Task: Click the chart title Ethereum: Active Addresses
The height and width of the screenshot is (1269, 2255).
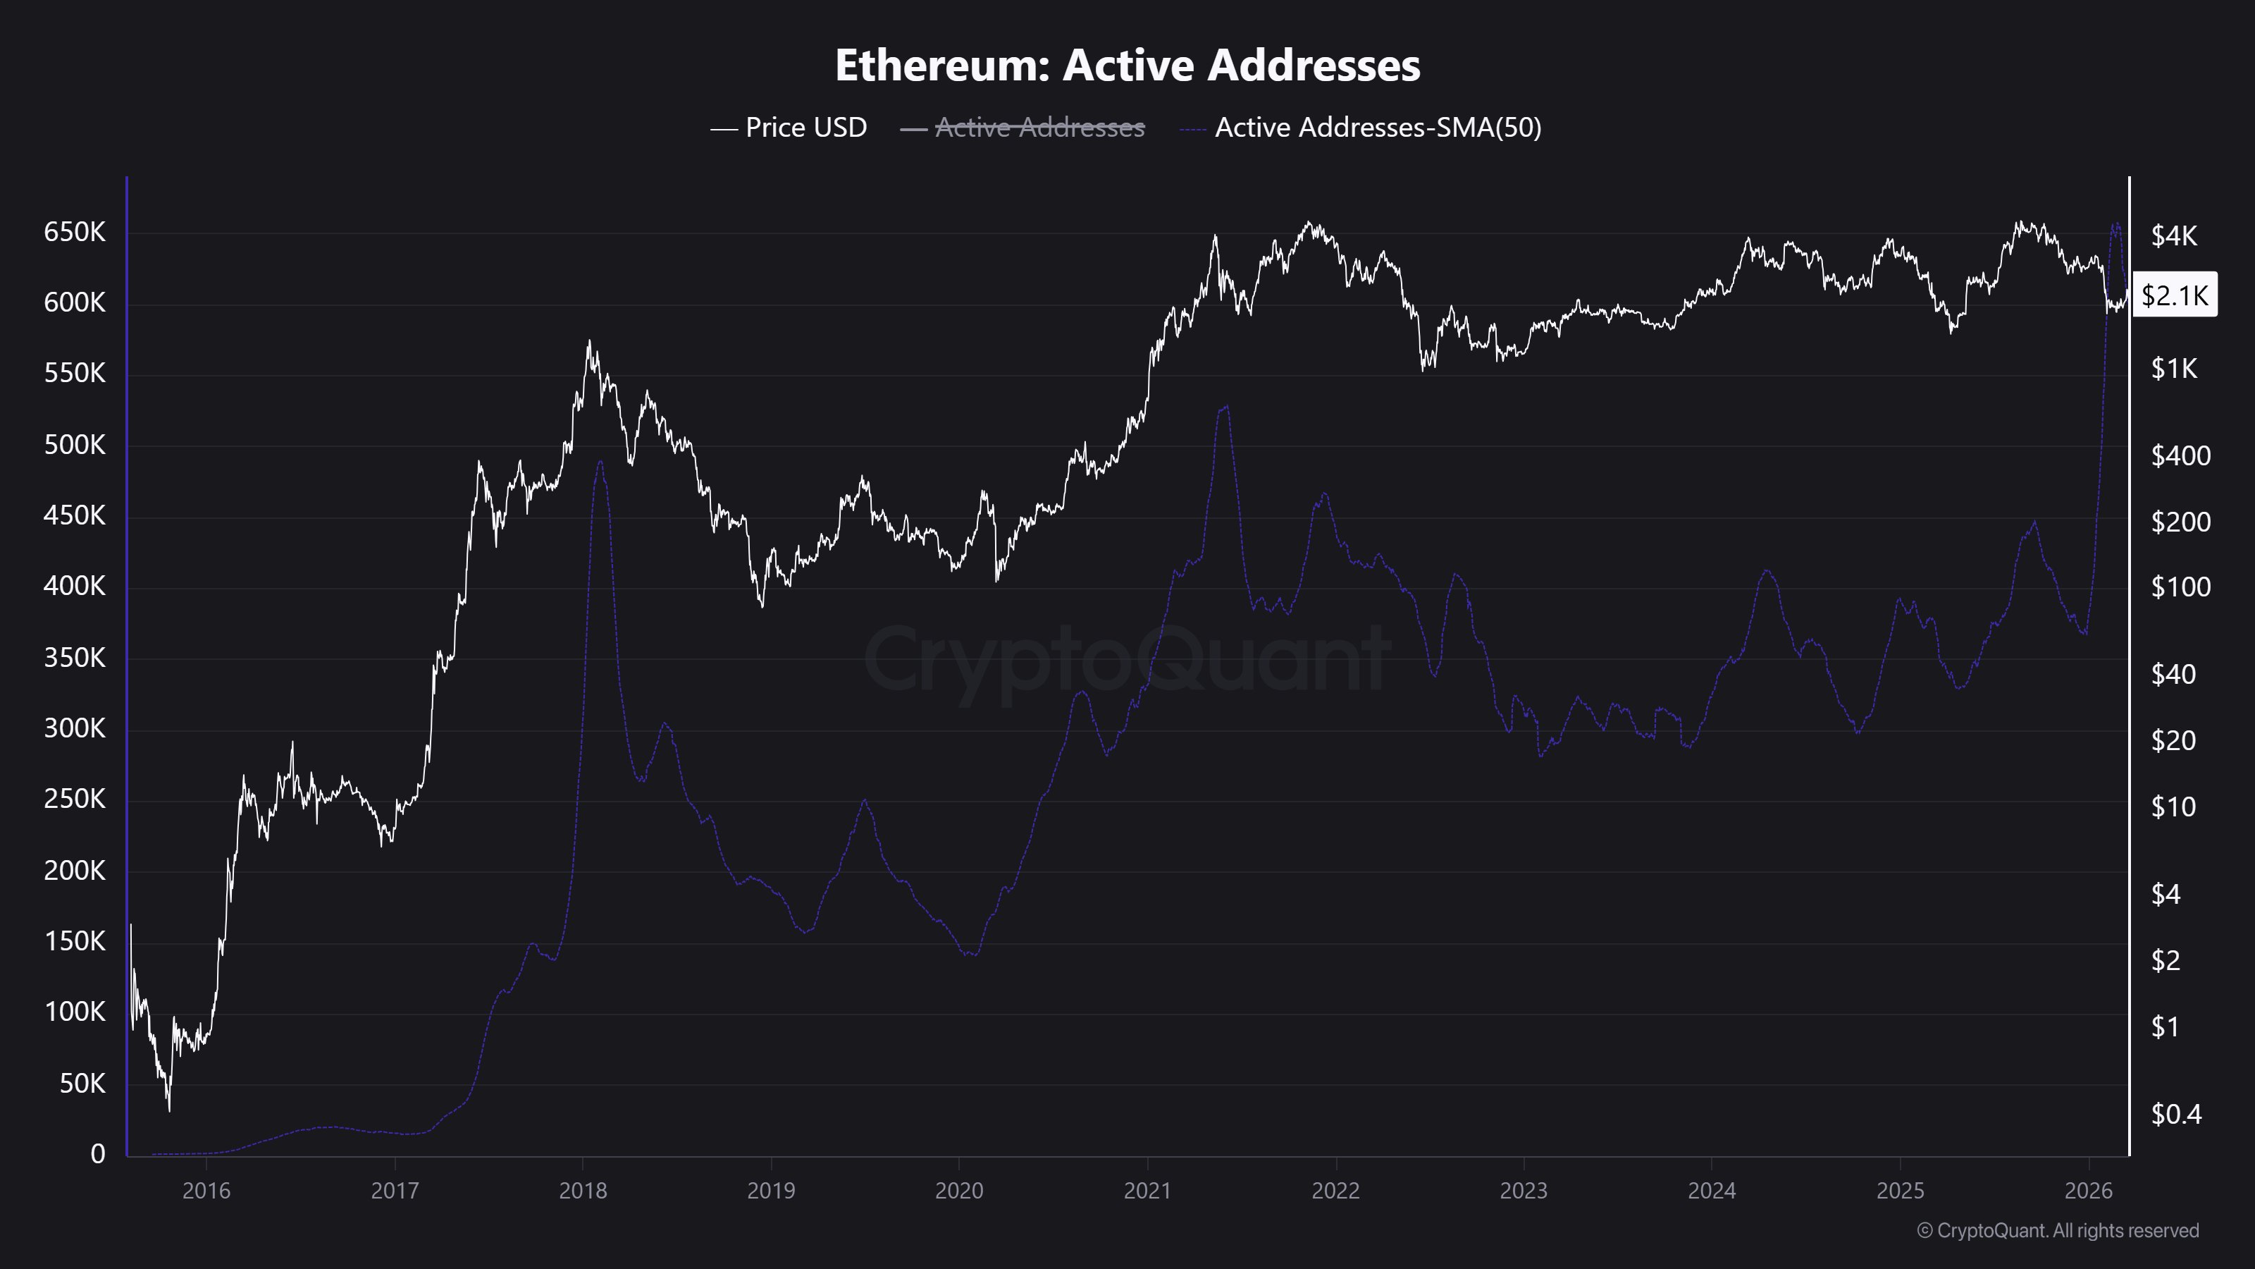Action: click(1127, 65)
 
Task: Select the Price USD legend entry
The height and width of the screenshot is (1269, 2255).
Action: click(789, 128)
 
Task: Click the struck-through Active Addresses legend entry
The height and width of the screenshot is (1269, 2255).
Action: click(1023, 128)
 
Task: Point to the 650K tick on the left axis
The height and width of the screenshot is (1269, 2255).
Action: click(75, 232)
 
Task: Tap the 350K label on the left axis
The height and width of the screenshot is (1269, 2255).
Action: click(75, 658)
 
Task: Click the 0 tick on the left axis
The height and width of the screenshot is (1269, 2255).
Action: click(97, 1154)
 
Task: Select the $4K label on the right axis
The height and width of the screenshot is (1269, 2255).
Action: click(2175, 235)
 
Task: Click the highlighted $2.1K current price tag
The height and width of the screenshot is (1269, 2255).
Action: click(2175, 295)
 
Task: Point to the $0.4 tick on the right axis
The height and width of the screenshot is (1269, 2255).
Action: click(2176, 1114)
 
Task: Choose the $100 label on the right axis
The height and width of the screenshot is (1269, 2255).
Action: click(2180, 587)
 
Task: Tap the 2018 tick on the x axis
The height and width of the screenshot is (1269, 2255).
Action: click(582, 1191)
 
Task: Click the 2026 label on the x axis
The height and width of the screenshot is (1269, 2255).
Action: click(2089, 1191)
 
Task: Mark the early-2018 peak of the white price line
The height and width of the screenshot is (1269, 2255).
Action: click(589, 341)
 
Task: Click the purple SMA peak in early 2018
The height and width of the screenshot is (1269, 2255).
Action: click(600, 462)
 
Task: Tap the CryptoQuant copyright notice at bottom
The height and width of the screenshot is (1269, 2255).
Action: click(2057, 1230)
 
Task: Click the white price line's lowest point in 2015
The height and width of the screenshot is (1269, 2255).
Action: click(169, 1110)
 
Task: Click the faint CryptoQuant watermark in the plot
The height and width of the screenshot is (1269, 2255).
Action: click(1127, 658)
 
